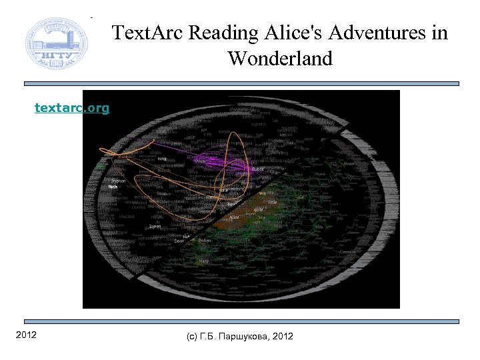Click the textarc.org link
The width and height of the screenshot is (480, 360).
(72, 107)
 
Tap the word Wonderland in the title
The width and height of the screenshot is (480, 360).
(279, 59)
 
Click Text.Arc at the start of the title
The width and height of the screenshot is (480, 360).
(147, 33)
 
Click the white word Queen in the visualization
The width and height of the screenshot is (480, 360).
(155, 226)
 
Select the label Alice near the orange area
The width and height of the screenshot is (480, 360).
(234, 217)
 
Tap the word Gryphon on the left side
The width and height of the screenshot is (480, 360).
(117, 181)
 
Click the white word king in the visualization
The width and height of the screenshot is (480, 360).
(162, 159)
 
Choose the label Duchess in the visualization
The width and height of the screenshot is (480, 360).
(205, 240)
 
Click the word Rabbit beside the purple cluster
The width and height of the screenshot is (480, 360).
(257, 169)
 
